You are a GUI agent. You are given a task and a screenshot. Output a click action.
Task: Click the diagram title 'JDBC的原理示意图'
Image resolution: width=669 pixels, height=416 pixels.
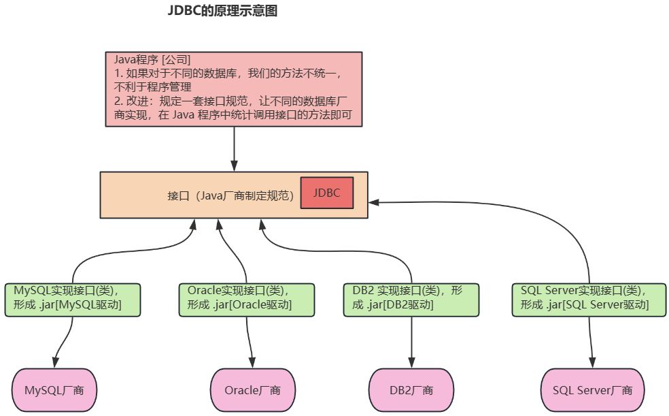click(222, 12)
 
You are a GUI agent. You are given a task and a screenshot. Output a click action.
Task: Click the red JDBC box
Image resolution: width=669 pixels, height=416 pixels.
click(326, 193)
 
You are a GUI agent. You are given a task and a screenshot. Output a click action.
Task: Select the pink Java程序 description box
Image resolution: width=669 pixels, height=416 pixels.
click(234, 89)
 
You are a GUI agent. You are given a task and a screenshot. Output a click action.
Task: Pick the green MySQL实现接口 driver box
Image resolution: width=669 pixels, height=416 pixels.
click(72, 299)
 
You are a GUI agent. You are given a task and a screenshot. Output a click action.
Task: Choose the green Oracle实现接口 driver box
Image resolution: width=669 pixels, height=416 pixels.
click(247, 299)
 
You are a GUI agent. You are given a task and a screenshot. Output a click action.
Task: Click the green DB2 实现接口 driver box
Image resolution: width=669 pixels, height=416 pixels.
click(411, 299)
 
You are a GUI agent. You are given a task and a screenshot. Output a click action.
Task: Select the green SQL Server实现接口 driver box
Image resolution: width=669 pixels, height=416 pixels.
click(589, 299)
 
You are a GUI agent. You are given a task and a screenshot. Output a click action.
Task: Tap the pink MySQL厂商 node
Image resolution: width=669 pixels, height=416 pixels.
click(55, 390)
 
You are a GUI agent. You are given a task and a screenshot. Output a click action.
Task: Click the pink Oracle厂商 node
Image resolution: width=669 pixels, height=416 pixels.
click(252, 390)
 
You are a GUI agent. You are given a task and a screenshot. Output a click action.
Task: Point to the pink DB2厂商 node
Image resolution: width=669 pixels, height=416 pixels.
click(411, 390)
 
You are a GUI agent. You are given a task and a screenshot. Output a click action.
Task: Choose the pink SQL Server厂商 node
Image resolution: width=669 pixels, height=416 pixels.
click(592, 390)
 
